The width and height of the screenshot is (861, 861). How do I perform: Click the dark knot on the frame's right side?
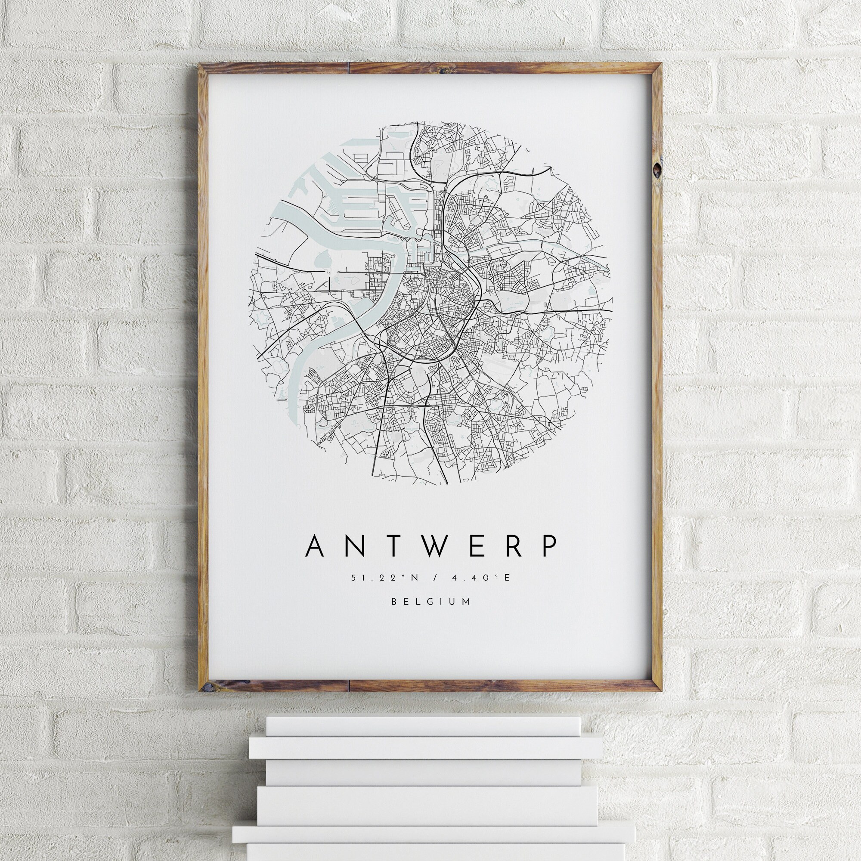point(658,169)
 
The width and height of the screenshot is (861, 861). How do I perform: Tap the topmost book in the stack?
point(417,727)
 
